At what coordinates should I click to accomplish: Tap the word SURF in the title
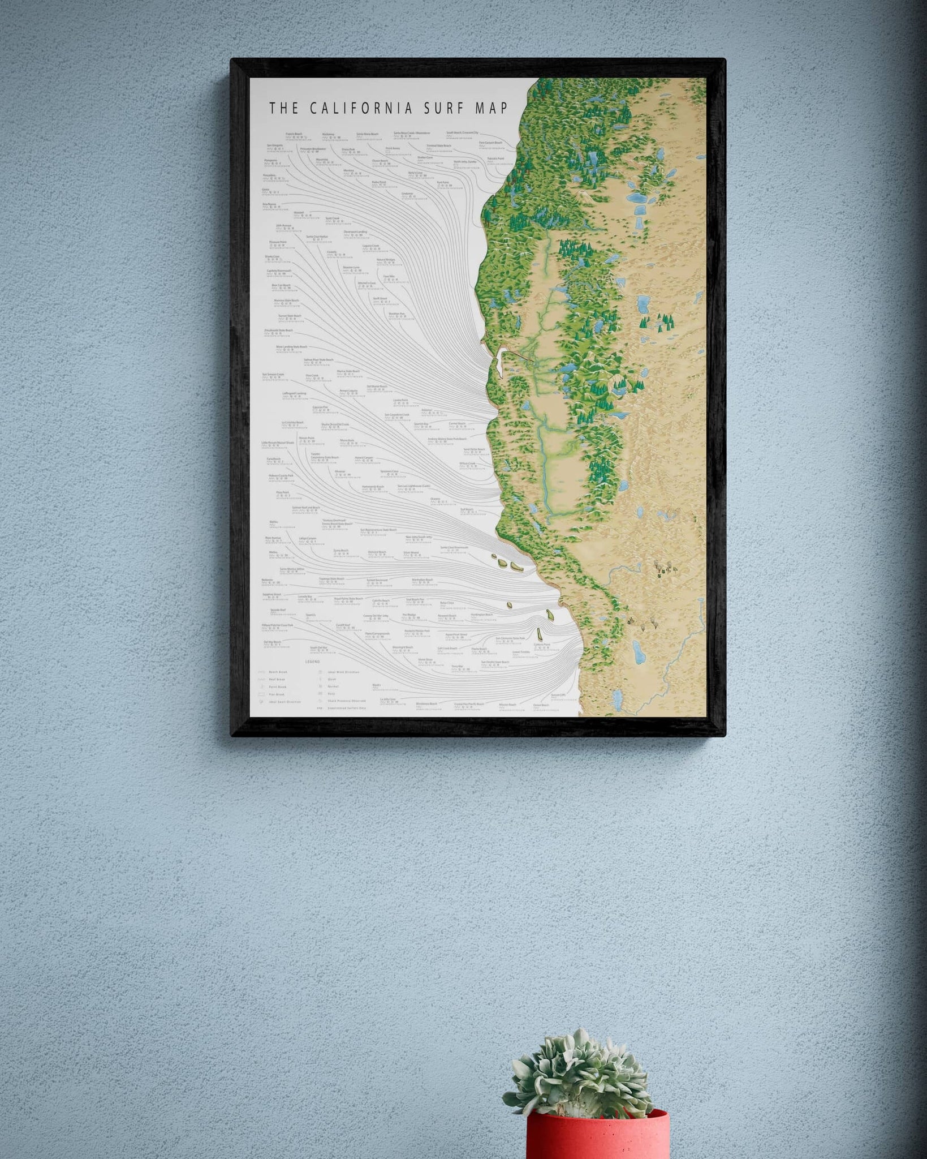pyautogui.click(x=446, y=108)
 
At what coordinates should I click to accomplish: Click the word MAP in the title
pyautogui.click(x=491, y=108)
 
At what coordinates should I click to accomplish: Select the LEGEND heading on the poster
pyautogui.click(x=313, y=661)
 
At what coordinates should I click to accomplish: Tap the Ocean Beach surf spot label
pyautogui.click(x=380, y=160)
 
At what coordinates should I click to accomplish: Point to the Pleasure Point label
pyautogui.click(x=278, y=242)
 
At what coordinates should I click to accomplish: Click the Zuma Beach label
pyautogui.click(x=339, y=550)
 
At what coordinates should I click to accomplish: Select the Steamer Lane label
pyautogui.click(x=351, y=265)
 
